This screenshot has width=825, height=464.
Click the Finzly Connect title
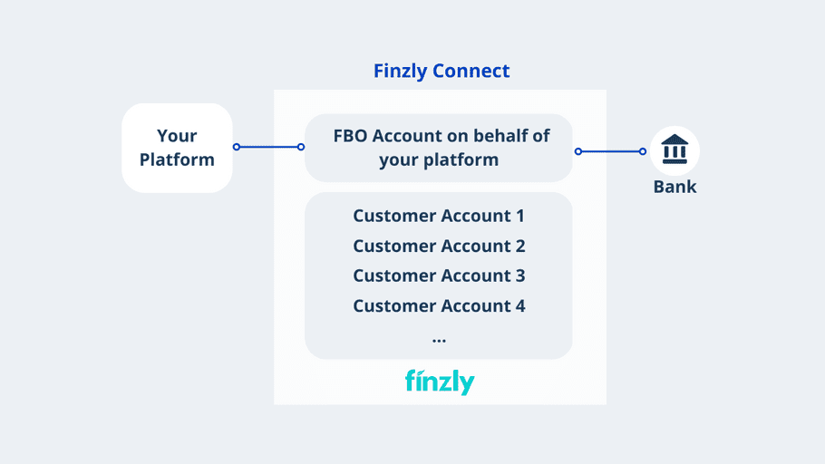442,71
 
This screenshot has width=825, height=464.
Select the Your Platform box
177,148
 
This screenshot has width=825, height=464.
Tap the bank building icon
675,150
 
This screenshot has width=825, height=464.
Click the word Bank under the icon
675,187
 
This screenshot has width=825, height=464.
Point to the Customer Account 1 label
439,216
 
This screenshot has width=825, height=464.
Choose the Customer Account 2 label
439,246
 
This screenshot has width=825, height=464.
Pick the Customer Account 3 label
439,275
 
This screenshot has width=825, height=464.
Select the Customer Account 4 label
439,305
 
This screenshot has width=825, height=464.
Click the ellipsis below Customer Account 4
439,341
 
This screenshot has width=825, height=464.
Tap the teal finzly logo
440,382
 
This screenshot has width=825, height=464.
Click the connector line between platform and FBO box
268,147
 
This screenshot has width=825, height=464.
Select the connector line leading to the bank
610,151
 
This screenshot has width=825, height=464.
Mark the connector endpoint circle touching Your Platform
237,147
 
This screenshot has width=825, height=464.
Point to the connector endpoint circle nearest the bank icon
643,151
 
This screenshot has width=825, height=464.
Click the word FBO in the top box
350,136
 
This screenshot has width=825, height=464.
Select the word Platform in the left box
177,159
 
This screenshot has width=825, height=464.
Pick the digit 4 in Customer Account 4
519,305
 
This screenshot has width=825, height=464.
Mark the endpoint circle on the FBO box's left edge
301,147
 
